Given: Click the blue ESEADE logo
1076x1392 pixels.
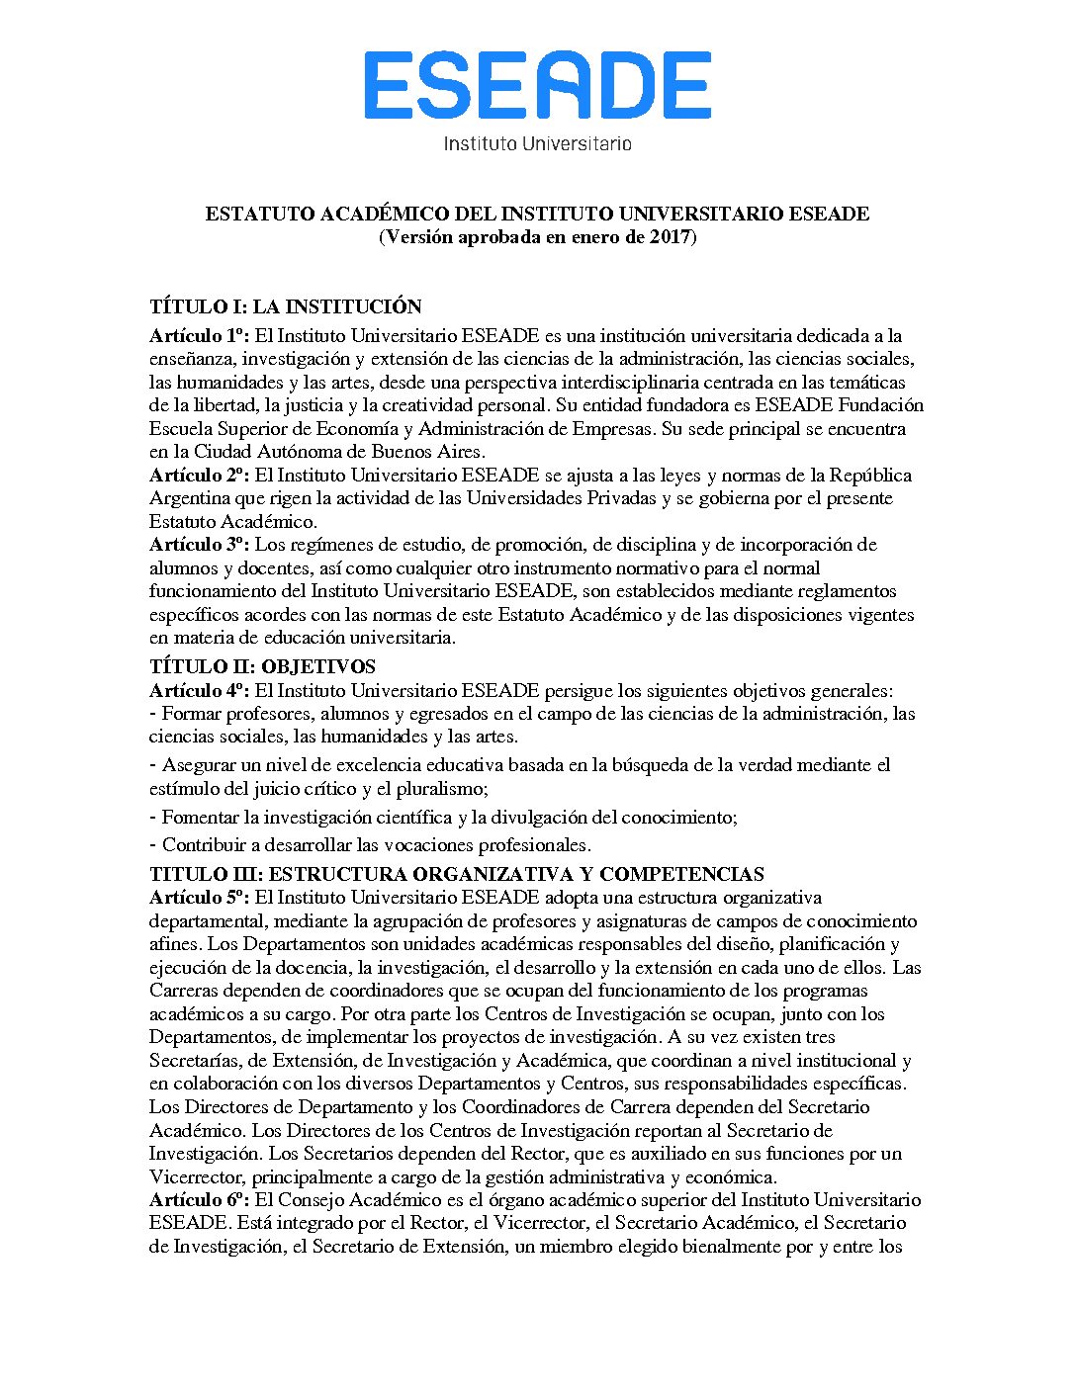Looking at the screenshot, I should pos(537,86).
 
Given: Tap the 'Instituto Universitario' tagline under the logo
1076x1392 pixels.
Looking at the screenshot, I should pos(537,143).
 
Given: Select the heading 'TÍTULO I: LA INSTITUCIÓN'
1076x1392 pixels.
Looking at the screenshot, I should pos(285,306).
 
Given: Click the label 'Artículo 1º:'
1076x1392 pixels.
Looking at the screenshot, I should pos(199,336).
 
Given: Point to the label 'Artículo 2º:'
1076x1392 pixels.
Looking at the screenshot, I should pos(199,476).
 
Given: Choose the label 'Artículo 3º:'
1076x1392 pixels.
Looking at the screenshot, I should pos(199,545).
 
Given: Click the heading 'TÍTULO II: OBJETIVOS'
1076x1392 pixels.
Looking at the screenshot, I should pos(262,666).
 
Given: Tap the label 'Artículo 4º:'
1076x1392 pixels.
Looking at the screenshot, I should pos(199,690).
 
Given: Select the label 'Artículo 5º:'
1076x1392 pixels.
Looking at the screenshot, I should pos(199,898).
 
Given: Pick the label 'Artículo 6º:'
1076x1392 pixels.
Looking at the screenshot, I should pos(199,1200).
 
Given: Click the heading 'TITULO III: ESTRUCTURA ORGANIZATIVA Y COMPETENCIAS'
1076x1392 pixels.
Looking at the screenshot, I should pos(456,874).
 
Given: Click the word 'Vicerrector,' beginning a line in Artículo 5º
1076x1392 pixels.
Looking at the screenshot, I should pos(197,1177).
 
